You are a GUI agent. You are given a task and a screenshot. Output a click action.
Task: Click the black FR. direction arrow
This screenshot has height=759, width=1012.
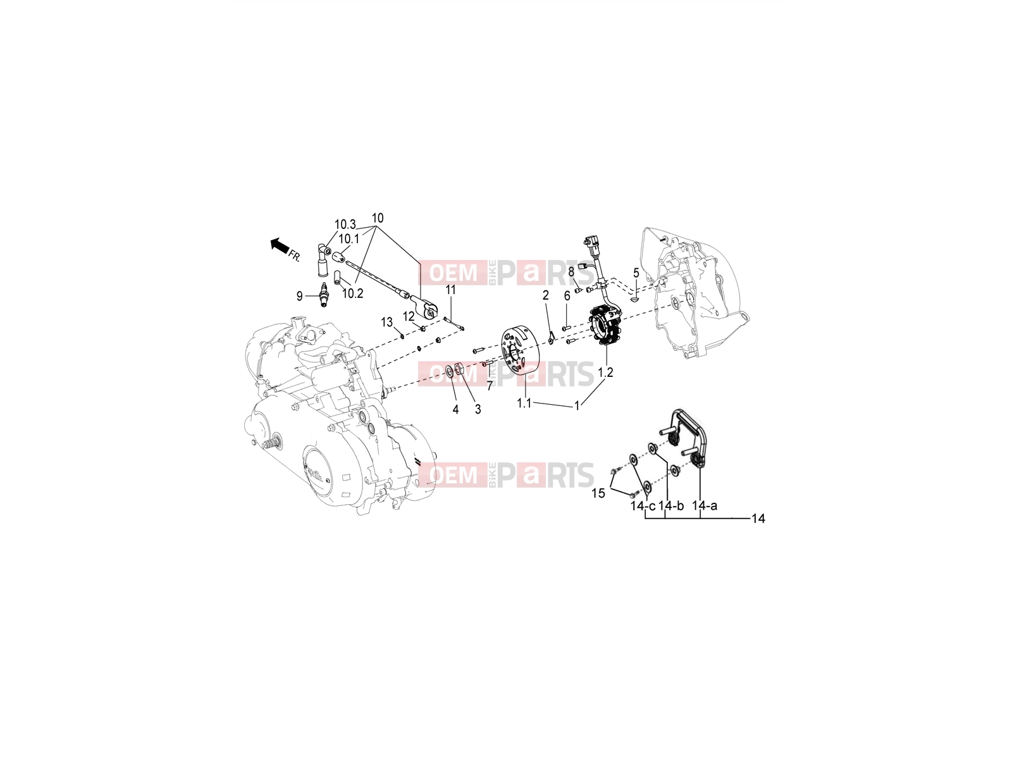pyautogui.click(x=280, y=245)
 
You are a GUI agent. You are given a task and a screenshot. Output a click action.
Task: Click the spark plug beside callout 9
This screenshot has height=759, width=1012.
pyautogui.click(x=324, y=295)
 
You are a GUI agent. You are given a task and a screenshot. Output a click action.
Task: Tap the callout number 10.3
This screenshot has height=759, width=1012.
pyautogui.click(x=345, y=225)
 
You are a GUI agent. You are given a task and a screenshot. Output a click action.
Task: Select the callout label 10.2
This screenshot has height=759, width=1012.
pyautogui.click(x=353, y=293)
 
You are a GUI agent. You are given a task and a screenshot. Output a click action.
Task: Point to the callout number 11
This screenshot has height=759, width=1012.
pyautogui.click(x=450, y=290)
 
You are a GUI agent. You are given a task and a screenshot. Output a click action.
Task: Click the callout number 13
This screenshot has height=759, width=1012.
pyautogui.click(x=387, y=322)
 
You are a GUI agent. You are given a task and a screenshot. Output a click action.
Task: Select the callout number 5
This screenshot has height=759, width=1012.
pyautogui.click(x=636, y=273)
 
